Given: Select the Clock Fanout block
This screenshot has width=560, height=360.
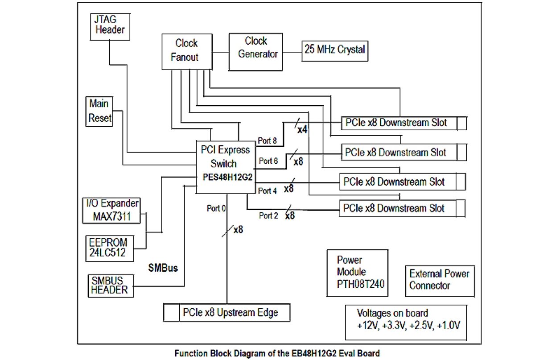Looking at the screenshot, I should coord(186,50).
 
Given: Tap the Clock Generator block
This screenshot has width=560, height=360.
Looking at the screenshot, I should coord(256,48).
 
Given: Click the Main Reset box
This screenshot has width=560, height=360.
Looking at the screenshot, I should coord(99,111).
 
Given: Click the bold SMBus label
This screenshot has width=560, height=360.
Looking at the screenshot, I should coord(163,269).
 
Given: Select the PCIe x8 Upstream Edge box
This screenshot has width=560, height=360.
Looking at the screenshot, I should coord(227,312).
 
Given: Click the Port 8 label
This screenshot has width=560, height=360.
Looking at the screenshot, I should coord(268,141).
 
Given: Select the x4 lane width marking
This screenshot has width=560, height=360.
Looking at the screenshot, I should coord(302,130).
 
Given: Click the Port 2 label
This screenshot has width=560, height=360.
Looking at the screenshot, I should coord(269,215).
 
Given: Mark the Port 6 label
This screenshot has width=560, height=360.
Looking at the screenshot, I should coord(269,161).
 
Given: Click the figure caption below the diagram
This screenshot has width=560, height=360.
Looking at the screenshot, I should coord(277,353).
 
